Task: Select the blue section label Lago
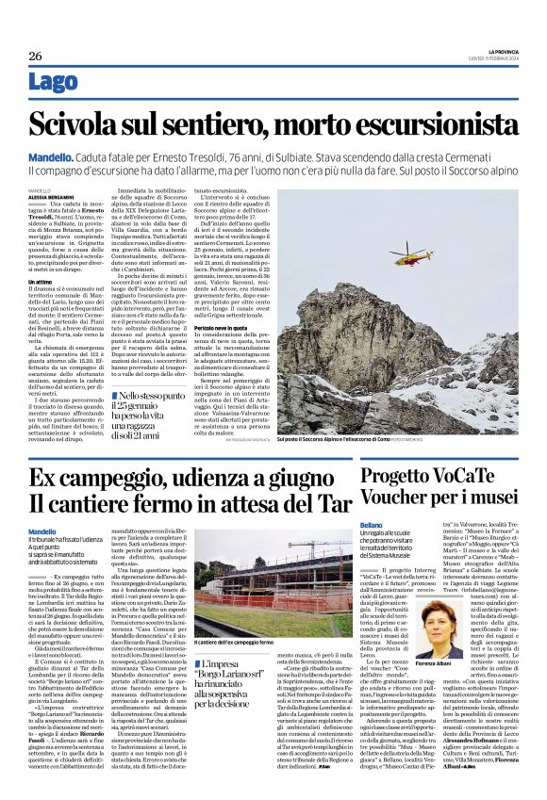54,82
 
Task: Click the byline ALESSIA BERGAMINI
55,196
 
